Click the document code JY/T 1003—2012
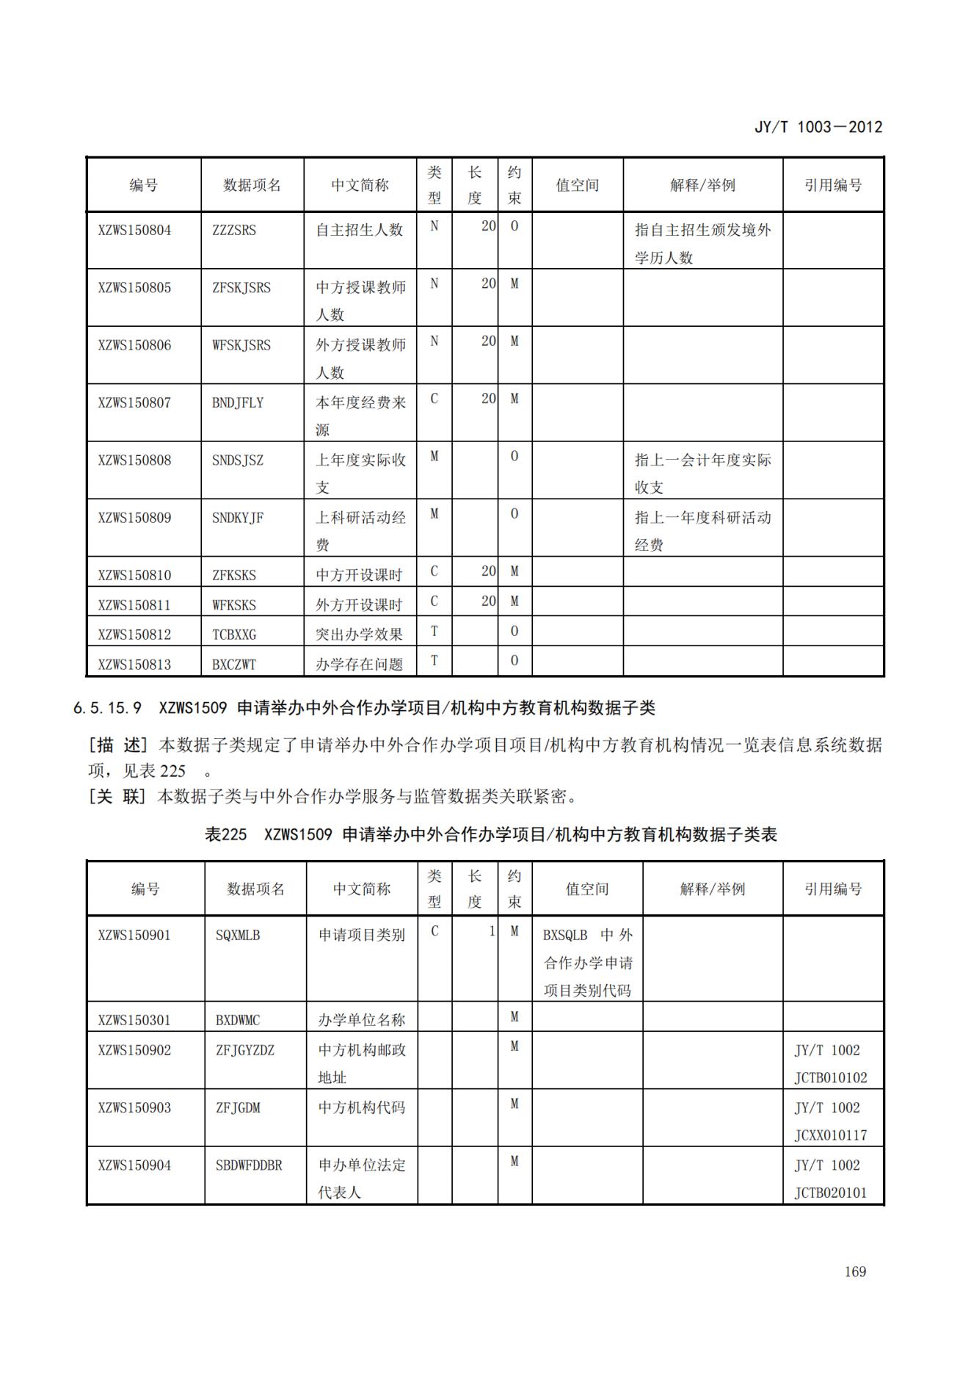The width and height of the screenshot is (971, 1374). coord(818,127)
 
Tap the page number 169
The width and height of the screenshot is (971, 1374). coord(855,1271)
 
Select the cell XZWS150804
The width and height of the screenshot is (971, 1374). coord(134,230)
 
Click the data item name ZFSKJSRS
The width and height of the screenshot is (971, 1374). coord(241,288)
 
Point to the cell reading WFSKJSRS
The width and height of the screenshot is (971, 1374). coord(241,345)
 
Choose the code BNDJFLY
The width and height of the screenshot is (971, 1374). coord(238,402)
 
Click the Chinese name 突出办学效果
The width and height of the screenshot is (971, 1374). coord(359,634)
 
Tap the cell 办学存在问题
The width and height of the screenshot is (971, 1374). coord(359,665)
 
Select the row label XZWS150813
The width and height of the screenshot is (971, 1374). coord(134,665)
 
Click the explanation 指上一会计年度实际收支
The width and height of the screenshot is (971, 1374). coord(702,474)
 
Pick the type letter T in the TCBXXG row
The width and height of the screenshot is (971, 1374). coord(434,631)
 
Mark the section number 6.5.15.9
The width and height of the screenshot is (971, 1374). coord(107,708)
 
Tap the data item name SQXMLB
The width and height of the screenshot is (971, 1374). coord(238,935)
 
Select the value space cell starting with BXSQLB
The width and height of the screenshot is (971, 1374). coord(587,962)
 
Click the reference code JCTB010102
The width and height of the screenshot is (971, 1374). coord(830,1077)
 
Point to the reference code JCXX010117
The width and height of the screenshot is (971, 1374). coord(830,1135)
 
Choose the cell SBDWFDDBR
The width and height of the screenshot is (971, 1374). coord(249,1165)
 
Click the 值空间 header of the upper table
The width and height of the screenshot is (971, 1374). coord(577,185)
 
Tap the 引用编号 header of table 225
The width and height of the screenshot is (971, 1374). coord(832,889)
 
